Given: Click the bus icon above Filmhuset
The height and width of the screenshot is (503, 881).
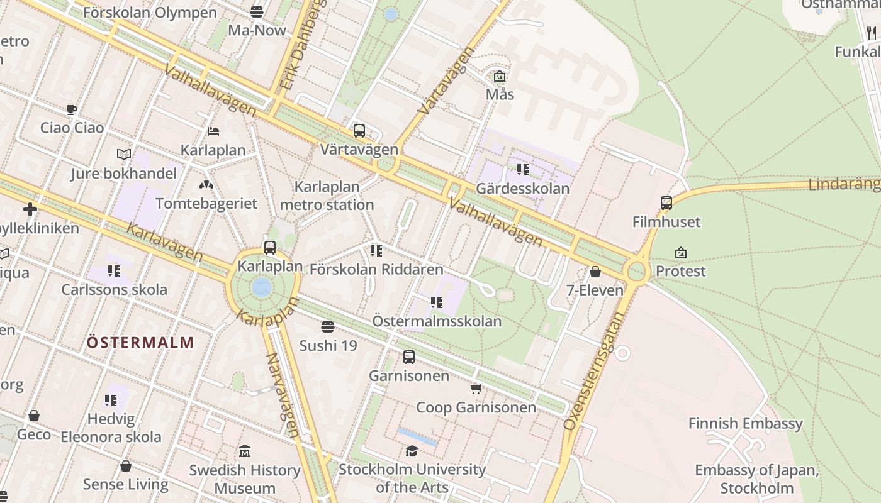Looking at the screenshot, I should coord(666,203).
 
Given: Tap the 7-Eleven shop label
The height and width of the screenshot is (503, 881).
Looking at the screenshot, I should coord(595,290).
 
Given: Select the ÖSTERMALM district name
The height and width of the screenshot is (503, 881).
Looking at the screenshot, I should coord(140,343).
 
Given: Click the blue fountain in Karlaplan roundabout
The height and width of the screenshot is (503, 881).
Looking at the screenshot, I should coord(261,288).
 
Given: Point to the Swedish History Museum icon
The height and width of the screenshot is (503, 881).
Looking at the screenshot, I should coord(245,451).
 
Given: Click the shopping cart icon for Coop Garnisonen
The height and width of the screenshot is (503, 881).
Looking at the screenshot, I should coord(476,389).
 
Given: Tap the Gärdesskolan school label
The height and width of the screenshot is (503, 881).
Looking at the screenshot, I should coord(523,188).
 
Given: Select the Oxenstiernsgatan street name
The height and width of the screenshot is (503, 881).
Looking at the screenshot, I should coord(593,372).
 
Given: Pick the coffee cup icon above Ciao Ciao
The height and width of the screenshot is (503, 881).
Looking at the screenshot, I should coord(72,109).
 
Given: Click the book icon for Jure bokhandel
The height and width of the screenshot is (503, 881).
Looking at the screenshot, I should coord(124,154).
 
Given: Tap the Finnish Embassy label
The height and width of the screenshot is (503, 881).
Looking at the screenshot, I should coord(745,423).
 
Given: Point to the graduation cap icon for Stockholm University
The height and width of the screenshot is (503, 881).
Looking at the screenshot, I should coord(412,451).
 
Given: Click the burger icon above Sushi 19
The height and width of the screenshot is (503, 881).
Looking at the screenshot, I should coord(327,327).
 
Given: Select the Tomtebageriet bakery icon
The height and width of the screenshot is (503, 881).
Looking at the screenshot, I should coord(206,185).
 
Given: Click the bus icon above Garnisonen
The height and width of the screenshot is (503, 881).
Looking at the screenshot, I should coord(409,357).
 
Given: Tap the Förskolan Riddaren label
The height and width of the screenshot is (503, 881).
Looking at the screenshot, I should coord(376,269).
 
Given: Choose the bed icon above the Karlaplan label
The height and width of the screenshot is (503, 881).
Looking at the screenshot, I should coord(213,131).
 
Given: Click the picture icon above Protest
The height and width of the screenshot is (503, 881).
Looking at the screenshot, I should coord(680,253).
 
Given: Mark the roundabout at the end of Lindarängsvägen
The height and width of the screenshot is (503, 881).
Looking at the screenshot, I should coord(637,272).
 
